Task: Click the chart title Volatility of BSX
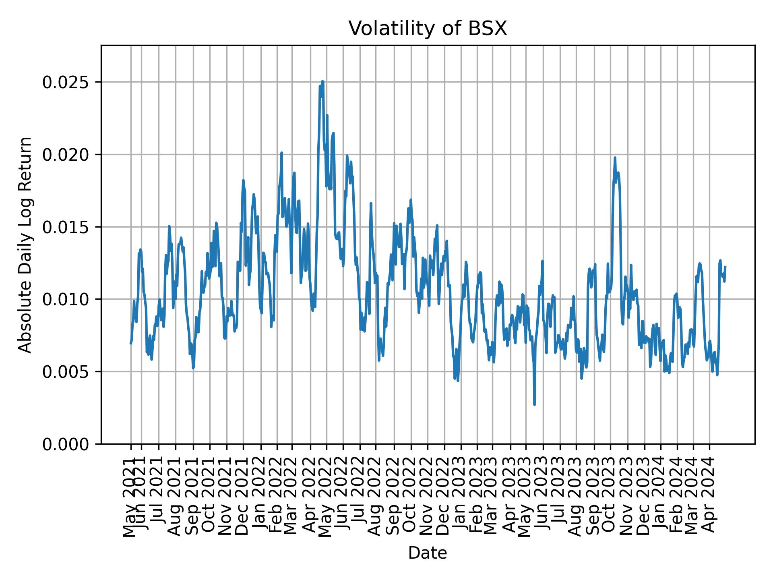428,29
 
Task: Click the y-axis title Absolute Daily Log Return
26,244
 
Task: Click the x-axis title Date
428,553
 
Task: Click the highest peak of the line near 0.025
322,81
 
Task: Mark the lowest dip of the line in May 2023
534,404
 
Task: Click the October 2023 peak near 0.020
615,158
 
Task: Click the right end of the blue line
725,267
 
